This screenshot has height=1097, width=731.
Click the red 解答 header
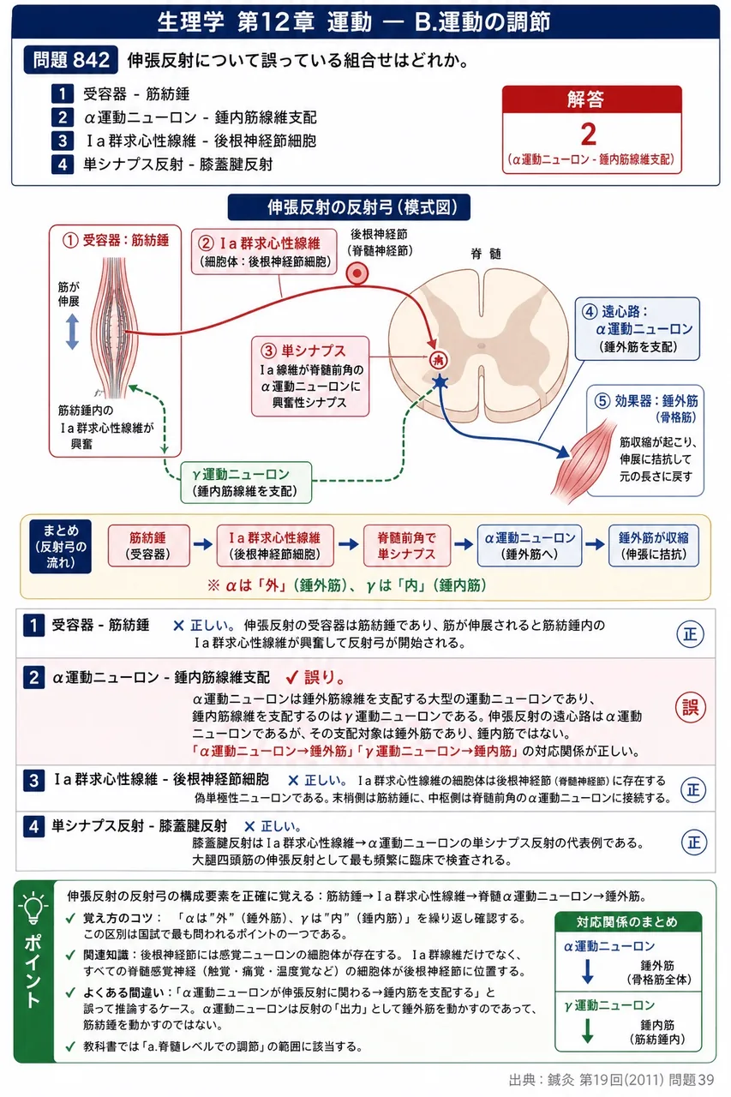tap(591, 99)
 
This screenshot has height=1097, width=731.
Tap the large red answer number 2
tap(589, 135)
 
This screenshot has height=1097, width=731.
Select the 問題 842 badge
tap(71, 60)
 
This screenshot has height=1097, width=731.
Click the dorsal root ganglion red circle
tap(357, 273)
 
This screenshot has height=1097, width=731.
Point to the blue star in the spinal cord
tap(440, 381)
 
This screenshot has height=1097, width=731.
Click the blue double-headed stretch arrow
tap(73, 332)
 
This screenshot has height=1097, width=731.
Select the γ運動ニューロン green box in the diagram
tap(246, 483)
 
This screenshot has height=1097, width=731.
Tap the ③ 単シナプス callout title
tap(303, 351)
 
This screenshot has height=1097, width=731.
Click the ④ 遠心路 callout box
tap(637, 328)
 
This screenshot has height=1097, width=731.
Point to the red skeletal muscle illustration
tap(583, 460)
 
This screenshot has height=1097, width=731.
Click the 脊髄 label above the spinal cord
tap(485, 254)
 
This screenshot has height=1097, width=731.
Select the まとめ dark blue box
tap(60, 546)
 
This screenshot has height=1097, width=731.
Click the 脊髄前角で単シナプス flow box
tap(406, 546)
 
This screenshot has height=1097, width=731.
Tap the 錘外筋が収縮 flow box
tap(654, 546)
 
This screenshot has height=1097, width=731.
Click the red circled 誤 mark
tap(691, 708)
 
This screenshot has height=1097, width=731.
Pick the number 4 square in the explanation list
tap(33, 827)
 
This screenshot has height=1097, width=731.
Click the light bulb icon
tap(33, 908)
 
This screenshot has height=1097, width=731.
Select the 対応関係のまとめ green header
tap(628, 921)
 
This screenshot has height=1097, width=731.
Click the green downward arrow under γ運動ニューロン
tap(588, 1030)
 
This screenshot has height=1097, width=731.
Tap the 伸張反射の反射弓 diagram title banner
tap(349, 207)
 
